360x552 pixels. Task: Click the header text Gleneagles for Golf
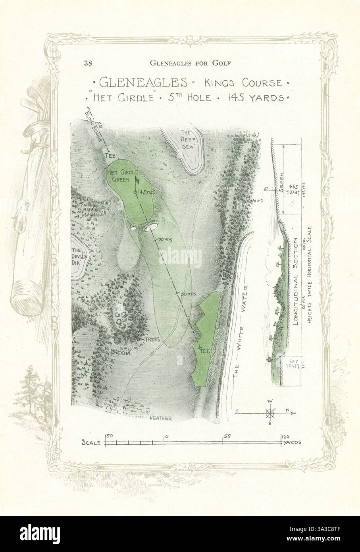click(190, 62)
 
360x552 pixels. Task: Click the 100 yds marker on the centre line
click(162, 239)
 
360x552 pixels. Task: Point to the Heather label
click(161, 418)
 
